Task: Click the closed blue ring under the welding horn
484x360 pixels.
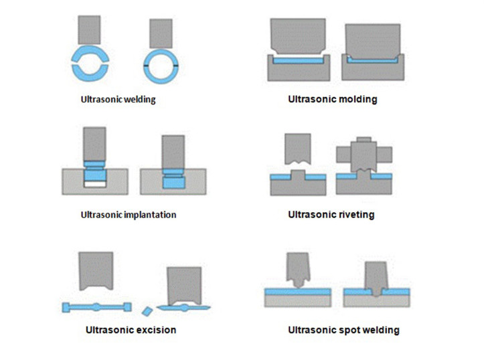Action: [x=161, y=65]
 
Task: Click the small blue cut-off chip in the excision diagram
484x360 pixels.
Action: [x=147, y=310]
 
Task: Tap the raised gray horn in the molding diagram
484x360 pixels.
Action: [x=297, y=36]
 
